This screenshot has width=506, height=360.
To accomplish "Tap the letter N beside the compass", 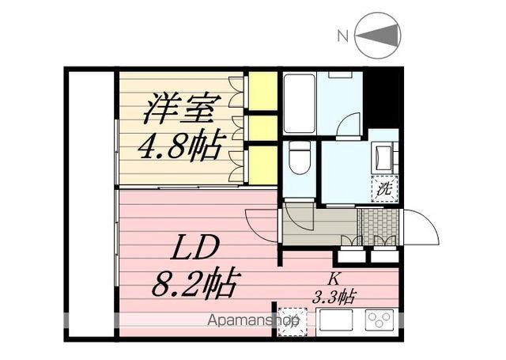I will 342,36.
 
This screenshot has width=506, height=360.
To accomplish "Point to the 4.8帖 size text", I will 179,146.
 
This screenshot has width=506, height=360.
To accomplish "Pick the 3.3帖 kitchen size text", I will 335,297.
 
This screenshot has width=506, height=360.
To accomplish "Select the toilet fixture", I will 298,160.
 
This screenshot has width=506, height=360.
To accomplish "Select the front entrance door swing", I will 421,229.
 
